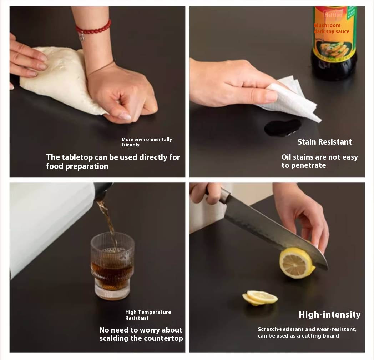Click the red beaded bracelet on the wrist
[x=94, y=30]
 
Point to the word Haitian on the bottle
[x=333, y=15]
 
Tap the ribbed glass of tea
[x=112, y=266]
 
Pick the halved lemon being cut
[x=297, y=262]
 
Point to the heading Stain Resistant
[x=324, y=142]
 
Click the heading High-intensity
[x=330, y=315]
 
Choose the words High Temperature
[x=148, y=312]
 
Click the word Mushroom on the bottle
[x=327, y=25]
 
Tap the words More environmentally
[x=147, y=139]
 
